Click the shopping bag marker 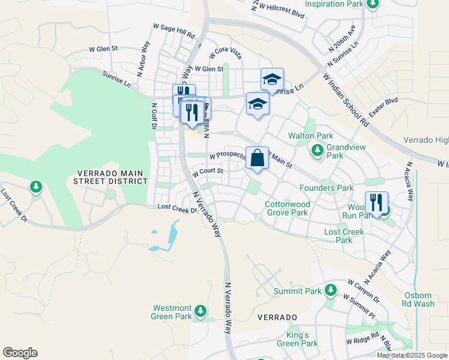(x=257, y=159)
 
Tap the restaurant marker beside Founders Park (x=376, y=203)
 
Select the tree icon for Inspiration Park (x=373, y=4)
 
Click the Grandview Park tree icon (x=317, y=151)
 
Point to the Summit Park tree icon (x=330, y=291)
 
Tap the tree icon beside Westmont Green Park (x=200, y=311)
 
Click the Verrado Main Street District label (x=110, y=176)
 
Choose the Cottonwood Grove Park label (x=286, y=208)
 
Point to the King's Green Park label (x=297, y=339)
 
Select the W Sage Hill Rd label (x=174, y=32)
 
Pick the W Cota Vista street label (x=225, y=54)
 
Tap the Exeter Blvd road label (x=384, y=109)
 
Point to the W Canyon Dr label (x=364, y=290)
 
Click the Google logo (x=20, y=353)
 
